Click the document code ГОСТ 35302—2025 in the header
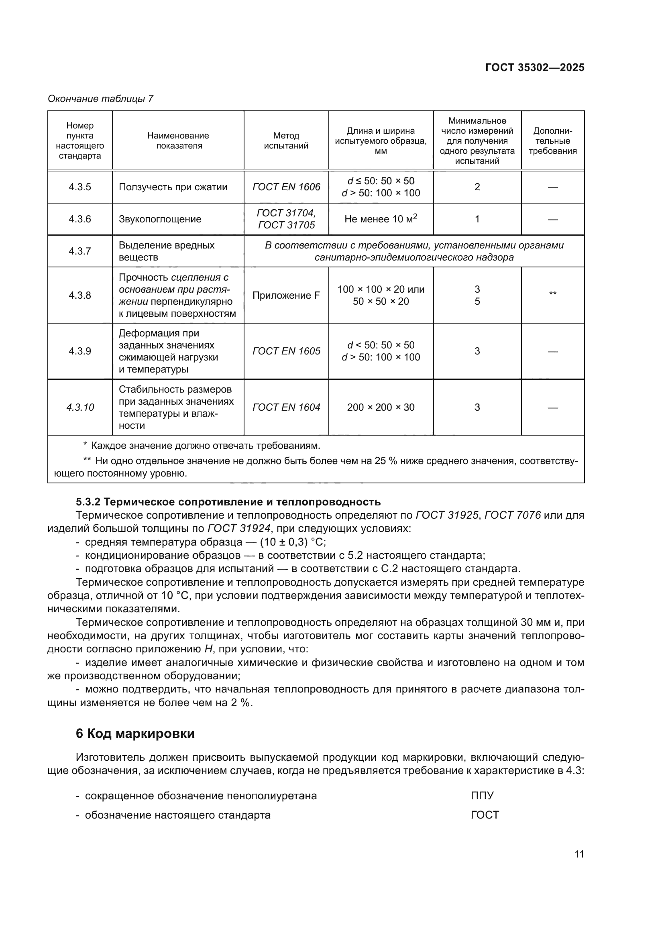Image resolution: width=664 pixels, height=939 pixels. [x=534, y=67]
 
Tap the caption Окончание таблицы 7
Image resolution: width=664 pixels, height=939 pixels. [x=100, y=99]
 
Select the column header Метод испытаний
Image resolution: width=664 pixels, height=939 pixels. [x=286, y=140]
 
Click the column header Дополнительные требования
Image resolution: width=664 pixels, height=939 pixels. [x=552, y=141]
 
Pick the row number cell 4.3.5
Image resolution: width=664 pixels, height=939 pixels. [x=80, y=187]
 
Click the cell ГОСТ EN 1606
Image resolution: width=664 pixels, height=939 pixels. [x=286, y=187]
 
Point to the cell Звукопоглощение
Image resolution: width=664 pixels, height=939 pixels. [x=160, y=219]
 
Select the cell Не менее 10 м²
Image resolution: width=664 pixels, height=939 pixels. [x=380, y=219]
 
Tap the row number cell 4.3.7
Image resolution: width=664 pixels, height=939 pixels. [x=80, y=251]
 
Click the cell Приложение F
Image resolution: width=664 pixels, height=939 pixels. [x=286, y=295]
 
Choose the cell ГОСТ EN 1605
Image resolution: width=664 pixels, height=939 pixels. [x=286, y=351]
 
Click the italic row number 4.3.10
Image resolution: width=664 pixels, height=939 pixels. [x=80, y=407]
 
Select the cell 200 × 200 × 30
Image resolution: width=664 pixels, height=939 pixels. [x=380, y=407]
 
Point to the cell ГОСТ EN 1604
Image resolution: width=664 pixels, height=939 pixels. [x=286, y=407]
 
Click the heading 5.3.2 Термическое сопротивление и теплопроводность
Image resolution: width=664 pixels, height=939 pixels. [x=228, y=502]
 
